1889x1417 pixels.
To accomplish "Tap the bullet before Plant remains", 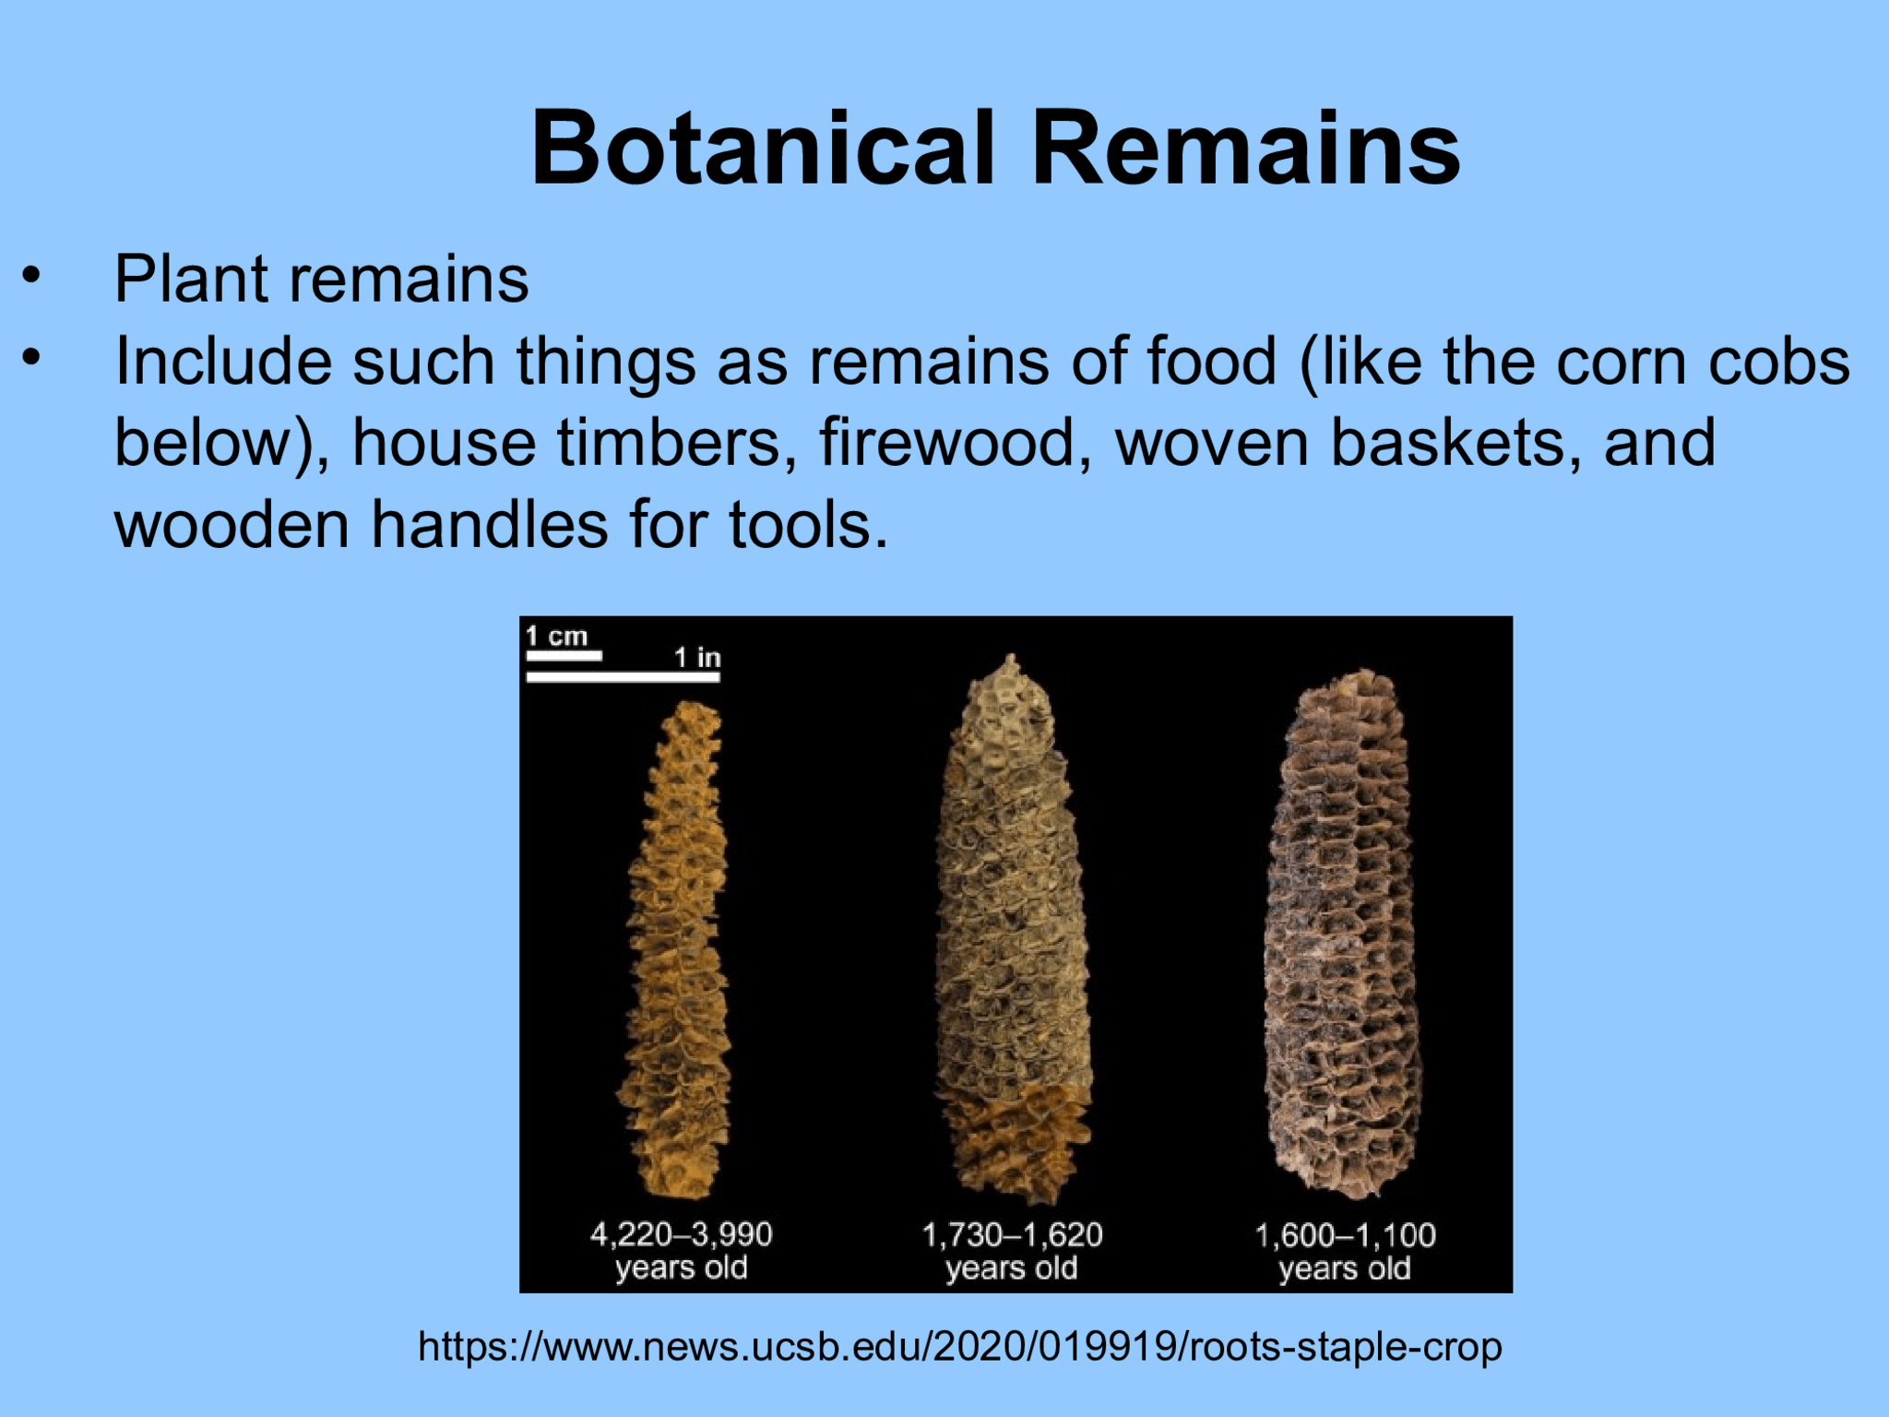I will [32, 276].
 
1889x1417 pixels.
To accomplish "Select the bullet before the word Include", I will [32, 358].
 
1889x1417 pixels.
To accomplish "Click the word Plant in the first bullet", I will [190, 279].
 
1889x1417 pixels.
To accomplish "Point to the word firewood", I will [947, 443].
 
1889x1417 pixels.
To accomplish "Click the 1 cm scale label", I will [556, 636].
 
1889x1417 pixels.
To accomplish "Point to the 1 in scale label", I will [696, 657].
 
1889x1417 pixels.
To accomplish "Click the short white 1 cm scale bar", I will [564, 655].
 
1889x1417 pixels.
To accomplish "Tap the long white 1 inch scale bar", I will [623, 677].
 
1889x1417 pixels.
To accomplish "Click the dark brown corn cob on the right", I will [1342, 932].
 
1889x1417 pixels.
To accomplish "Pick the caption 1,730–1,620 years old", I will [1012, 1251].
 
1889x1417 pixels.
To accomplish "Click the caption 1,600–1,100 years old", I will [1344, 1251].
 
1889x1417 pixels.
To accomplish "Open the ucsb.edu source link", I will [959, 1347].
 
